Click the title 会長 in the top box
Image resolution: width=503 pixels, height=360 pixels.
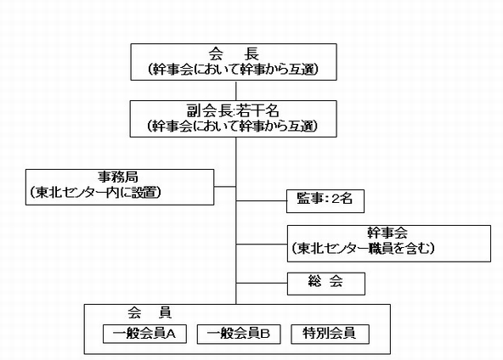[234, 53]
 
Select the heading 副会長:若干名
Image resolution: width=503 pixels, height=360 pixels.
[233, 111]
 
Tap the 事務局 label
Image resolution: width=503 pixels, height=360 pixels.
[118, 177]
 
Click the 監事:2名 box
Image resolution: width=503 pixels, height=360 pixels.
[325, 201]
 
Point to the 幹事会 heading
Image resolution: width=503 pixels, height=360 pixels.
[387, 233]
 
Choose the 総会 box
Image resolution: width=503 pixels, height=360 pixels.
[326, 284]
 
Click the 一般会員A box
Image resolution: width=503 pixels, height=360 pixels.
[144, 334]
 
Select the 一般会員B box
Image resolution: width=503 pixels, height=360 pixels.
[239, 334]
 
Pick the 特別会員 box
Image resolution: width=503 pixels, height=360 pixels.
[330, 334]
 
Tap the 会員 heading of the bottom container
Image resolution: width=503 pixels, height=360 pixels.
[150, 312]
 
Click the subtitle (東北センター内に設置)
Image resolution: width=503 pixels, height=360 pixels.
[95, 193]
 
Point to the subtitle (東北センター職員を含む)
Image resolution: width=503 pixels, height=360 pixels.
[363, 249]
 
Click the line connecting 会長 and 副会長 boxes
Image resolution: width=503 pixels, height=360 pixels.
[236, 90]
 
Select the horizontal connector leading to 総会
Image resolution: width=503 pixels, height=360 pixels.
[262, 283]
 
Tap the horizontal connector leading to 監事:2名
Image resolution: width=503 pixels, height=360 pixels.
[262, 201]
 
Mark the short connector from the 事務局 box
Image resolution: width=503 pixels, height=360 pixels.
[225, 187]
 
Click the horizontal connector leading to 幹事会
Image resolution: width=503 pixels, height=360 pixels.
[262, 245]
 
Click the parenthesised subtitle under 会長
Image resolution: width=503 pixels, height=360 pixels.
[234, 70]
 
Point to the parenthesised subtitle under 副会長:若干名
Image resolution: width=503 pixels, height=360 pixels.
[233, 126]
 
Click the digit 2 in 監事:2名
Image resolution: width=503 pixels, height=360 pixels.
[336, 199]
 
